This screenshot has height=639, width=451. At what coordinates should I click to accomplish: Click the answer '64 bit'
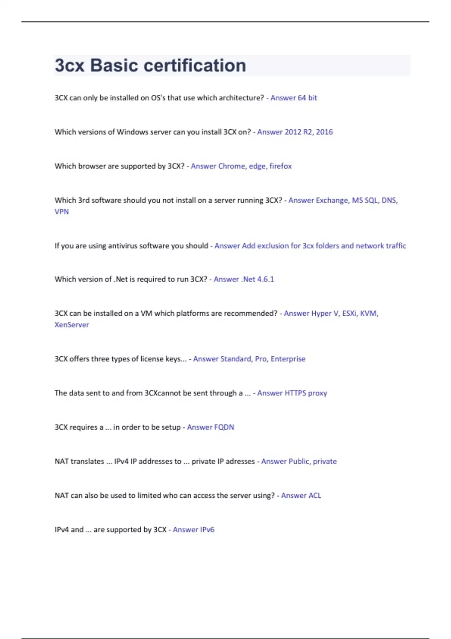point(307,98)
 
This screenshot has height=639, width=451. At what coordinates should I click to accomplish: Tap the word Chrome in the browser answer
point(232,166)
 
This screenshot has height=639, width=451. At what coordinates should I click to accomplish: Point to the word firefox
point(280,166)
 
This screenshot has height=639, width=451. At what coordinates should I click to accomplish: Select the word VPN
point(62,212)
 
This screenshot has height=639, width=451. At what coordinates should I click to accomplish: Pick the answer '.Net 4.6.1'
point(257,279)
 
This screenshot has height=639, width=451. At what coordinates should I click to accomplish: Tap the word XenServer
point(72,325)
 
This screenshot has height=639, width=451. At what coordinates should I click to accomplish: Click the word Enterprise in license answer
point(288,359)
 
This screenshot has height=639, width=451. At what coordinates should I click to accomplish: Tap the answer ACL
point(315,496)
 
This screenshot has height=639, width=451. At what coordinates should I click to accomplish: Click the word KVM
point(369,313)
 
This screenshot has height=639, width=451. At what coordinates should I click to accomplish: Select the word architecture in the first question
point(241,98)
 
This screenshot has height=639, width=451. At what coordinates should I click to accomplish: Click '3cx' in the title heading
point(70,65)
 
